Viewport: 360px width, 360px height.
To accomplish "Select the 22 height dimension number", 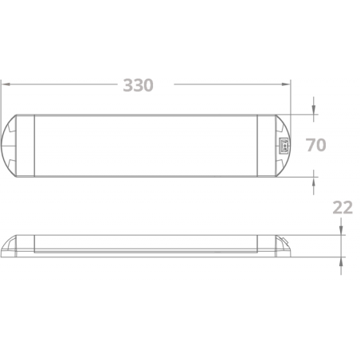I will (342, 208).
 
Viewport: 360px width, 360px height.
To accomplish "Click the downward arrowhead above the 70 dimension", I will (314, 110).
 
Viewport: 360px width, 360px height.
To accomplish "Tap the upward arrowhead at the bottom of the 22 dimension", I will (341, 261).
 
